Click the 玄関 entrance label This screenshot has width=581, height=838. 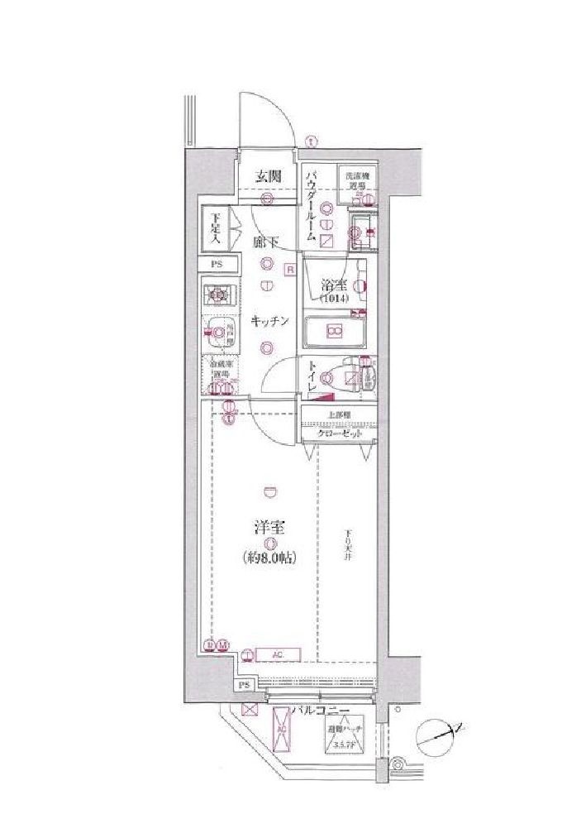(x=267, y=176)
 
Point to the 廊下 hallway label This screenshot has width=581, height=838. (x=266, y=242)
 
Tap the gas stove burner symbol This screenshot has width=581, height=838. (x=219, y=292)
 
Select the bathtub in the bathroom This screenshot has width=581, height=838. (x=333, y=332)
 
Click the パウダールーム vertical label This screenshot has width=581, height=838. (x=312, y=204)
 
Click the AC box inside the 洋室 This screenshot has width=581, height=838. (x=278, y=654)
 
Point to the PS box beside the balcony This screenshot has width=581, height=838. (x=244, y=686)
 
